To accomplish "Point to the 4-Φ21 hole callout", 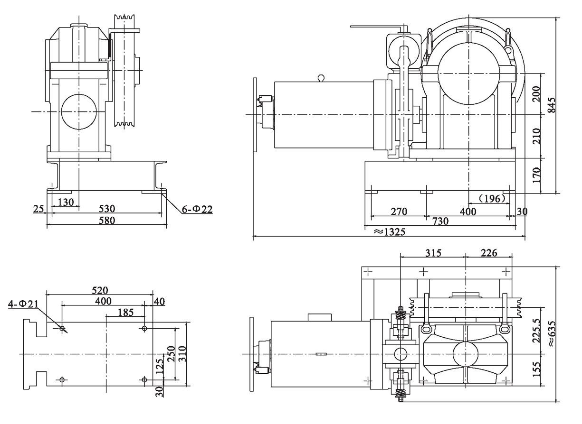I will click(23, 304).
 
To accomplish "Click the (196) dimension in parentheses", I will click(491, 199).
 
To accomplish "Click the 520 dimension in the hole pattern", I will click(100, 290).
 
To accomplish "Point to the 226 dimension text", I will click(489, 253).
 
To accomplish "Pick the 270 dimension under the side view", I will click(397, 211).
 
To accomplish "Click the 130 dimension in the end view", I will click(66, 202).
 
